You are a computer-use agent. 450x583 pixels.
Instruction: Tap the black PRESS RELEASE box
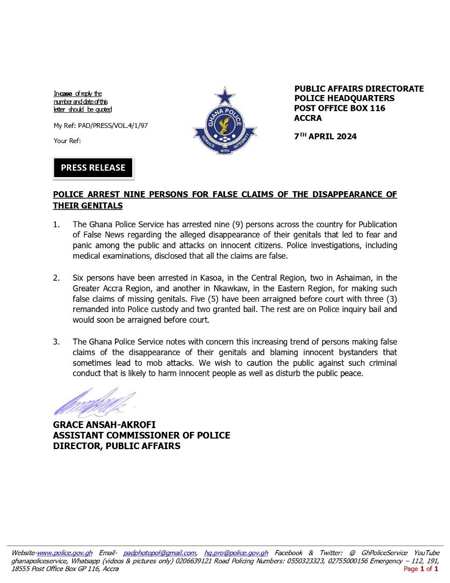coord(93,168)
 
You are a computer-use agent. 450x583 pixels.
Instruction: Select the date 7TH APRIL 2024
coord(325,137)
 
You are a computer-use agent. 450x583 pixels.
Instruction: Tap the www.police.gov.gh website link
coord(65,553)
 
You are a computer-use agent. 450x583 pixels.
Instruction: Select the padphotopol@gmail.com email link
coord(159,553)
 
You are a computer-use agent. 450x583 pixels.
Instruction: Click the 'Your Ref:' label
coord(67,141)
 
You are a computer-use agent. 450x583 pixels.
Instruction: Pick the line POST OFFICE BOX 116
coord(340,109)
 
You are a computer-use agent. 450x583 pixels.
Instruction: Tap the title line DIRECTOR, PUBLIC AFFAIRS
coord(117,446)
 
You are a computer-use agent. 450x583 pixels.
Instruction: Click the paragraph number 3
coord(56,341)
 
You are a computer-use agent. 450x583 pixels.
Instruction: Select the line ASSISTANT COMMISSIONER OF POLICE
coord(141,435)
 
